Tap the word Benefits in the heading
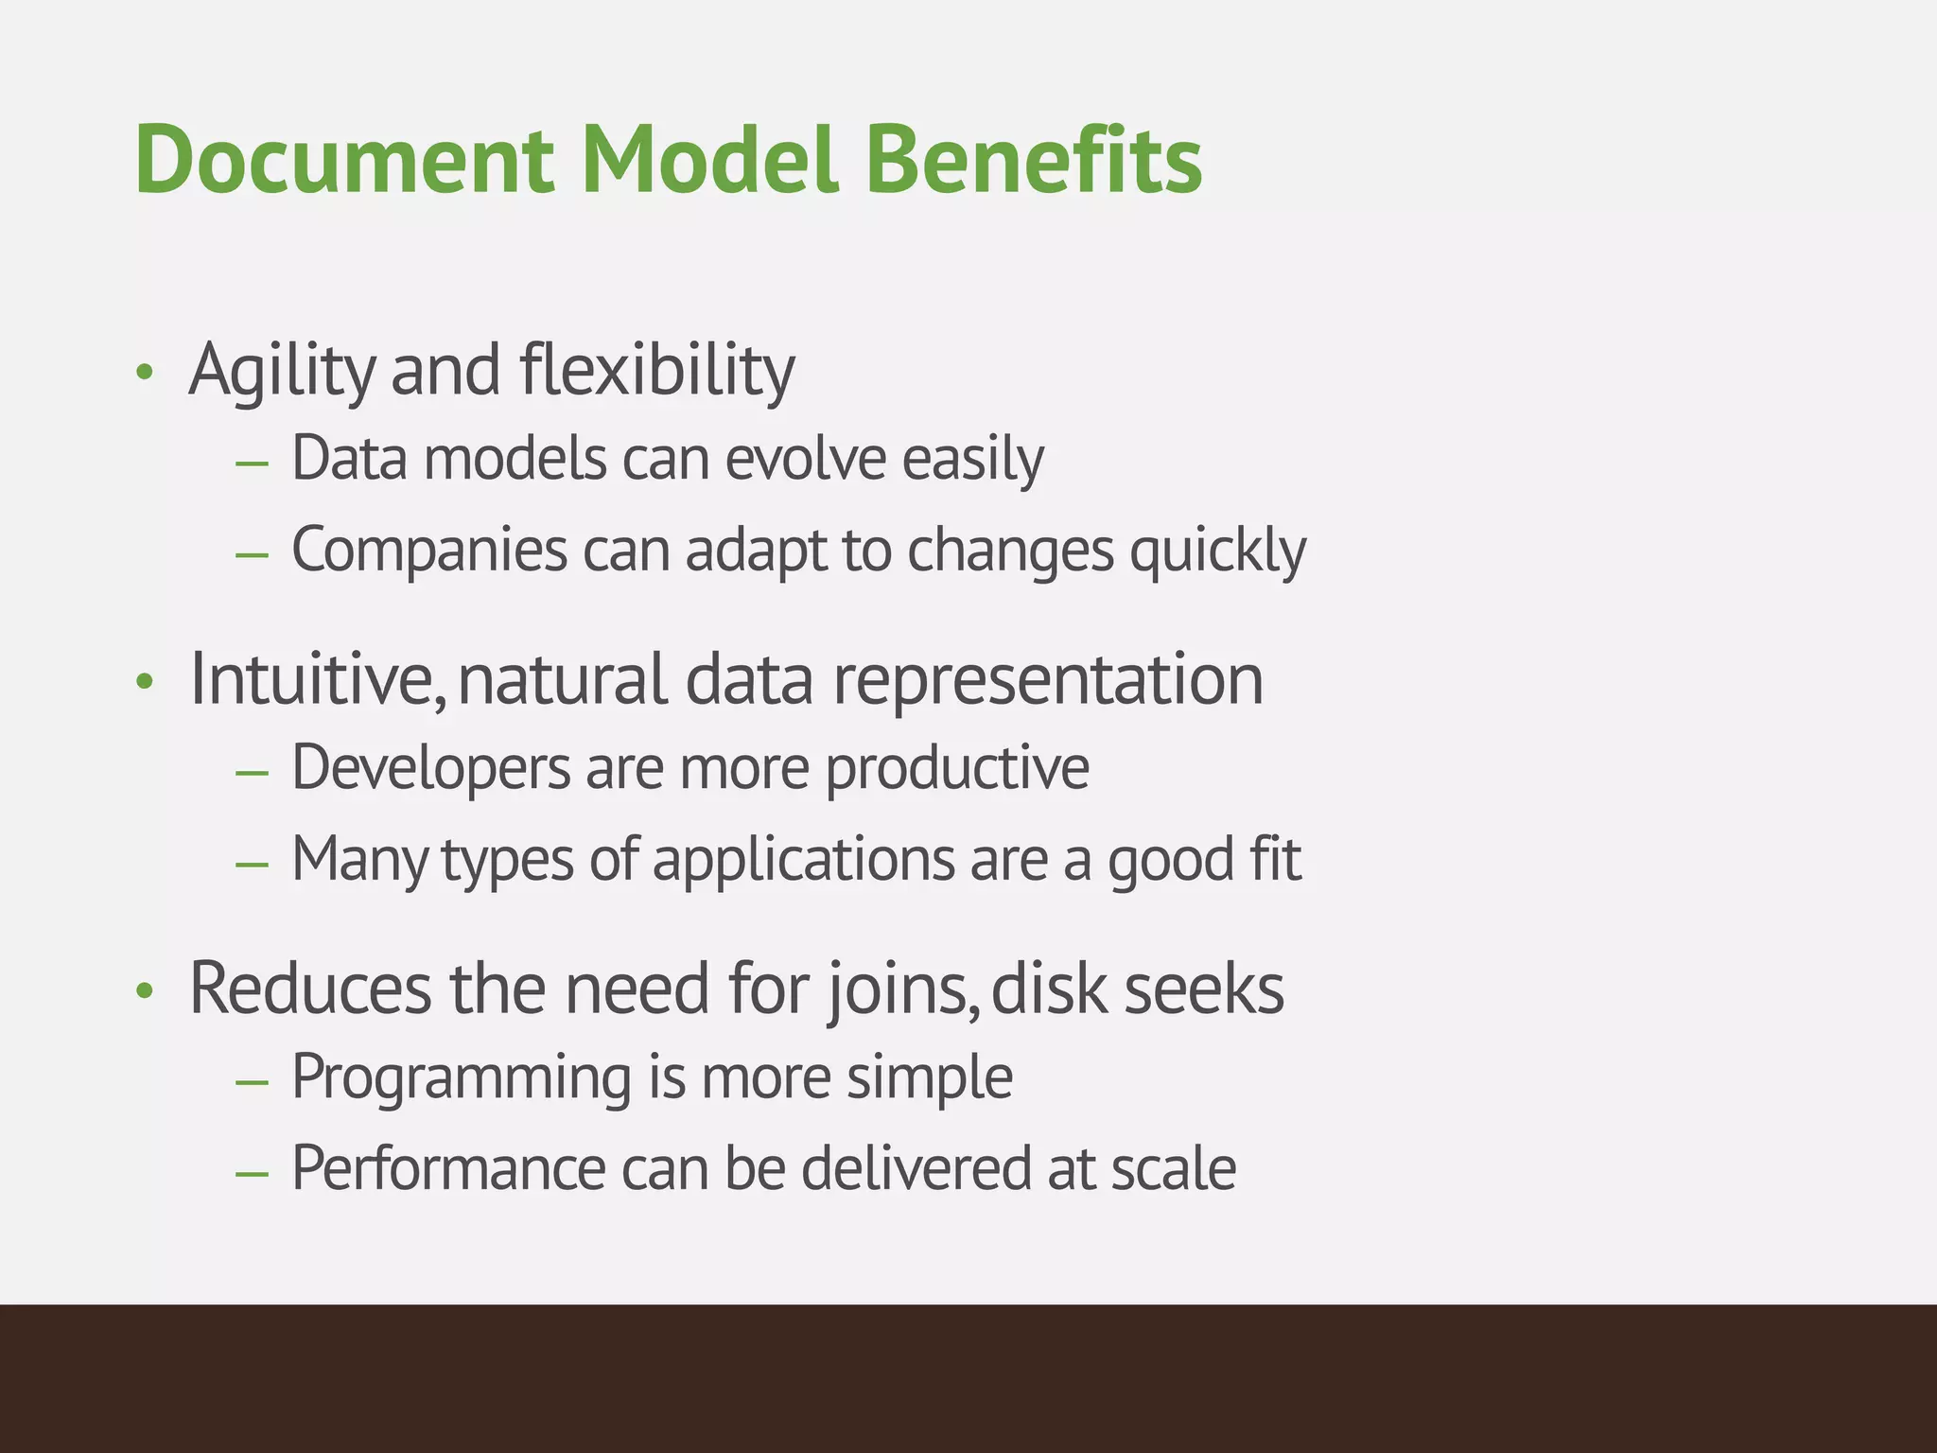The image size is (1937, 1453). (1033, 161)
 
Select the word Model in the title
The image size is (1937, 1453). (709, 161)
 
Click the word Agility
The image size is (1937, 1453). (282, 371)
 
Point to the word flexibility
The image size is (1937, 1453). (657, 371)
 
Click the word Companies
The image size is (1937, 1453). (428, 551)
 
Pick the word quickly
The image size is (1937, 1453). (1218, 551)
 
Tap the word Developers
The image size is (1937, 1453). (430, 768)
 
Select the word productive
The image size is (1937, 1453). (957, 768)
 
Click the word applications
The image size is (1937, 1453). (804, 861)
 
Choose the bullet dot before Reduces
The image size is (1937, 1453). (144, 991)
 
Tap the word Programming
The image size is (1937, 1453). (462, 1078)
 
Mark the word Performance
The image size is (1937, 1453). (448, 1169)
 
